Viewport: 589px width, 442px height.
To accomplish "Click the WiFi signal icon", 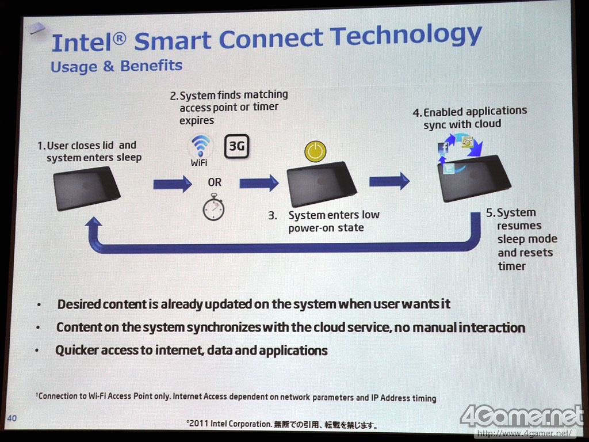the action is click(201, 146).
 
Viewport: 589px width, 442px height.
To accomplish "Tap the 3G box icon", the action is click(236, 146).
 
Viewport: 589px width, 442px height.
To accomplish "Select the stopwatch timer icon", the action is click(214, 207).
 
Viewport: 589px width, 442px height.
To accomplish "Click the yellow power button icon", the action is click(315, 151).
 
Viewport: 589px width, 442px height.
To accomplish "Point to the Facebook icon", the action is click(443, 148).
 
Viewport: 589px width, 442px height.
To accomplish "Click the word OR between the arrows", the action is click(215, 182).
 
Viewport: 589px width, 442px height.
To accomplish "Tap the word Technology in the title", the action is click(406, 36).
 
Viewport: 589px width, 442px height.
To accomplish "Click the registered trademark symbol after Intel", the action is click(119, 39).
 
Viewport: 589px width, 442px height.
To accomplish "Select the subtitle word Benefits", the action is click(151, 66).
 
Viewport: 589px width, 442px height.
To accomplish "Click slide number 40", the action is click(12, 418).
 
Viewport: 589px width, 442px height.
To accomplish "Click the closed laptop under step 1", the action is click(87, 188).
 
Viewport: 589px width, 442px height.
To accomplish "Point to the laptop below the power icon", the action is click(322, 184).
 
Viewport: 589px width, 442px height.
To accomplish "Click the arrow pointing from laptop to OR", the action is click(173, 184).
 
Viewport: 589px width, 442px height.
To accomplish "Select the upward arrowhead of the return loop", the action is click(94, 222).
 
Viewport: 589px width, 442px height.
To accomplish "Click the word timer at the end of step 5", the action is click(511, 266).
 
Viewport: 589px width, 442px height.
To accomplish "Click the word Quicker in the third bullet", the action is click(78, 350).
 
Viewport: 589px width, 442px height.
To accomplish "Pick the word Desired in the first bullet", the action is click(79, 304).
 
